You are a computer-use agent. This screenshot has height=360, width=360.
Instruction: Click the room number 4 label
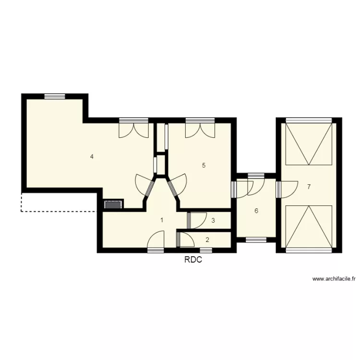click(91, 156)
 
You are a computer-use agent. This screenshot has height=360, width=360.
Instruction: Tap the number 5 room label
click(204, 166)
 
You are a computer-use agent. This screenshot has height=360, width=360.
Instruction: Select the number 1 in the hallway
click(162, 220)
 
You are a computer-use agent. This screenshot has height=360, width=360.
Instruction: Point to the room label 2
click(207, 240)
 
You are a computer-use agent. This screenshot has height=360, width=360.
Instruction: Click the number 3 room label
click(213, 221)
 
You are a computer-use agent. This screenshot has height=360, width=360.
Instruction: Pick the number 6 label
click(256, 211)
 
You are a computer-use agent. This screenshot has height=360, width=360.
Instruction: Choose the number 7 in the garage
click(309, 187)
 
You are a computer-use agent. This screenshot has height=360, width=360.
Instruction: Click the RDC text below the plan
click(193, 260)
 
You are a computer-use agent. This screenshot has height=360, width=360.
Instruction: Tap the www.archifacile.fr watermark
click(334, 278)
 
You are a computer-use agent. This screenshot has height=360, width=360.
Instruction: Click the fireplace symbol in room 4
click(114, 204)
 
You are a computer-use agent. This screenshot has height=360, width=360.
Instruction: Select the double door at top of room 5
click(199, 129)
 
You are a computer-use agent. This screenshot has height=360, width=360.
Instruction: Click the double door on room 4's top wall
click(133, 129)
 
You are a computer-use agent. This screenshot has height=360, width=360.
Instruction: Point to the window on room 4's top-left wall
click(54, 96)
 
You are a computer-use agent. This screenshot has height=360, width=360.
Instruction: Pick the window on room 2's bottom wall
click(206, 250)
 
